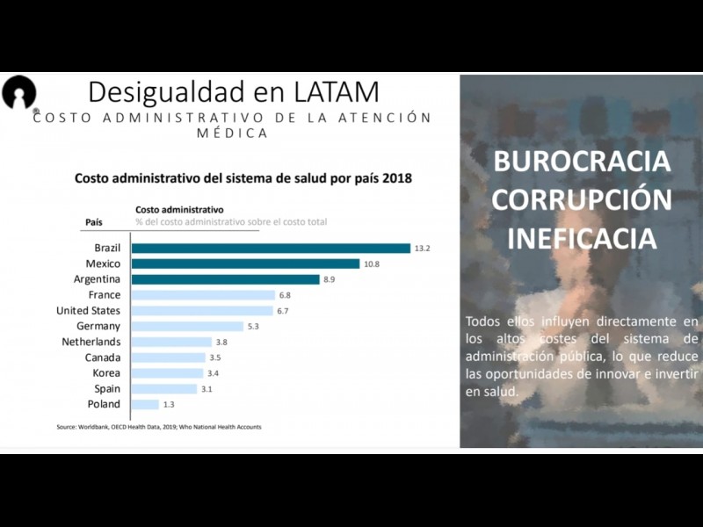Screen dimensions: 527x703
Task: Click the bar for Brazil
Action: point(271,249)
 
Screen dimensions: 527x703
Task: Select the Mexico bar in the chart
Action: point(245,263)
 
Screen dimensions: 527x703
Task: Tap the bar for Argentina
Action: point(225,279)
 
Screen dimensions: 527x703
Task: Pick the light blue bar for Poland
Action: point(145,404)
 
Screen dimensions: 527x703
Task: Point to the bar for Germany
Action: point(187,326)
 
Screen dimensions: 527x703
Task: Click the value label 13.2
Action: point(423,249)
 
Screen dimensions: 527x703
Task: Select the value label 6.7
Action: point(283,311)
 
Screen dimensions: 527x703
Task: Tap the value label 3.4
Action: point(213,373)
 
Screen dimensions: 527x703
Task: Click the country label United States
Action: point(88,311)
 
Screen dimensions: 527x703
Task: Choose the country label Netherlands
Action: point(91,342)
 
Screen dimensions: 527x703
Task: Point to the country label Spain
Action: point(107,388)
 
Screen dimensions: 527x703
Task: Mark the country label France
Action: point(105,295)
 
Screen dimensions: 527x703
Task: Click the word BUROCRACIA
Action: point(581,162)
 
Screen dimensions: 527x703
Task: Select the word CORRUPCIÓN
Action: point(581,200)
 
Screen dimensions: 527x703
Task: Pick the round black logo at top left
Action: point(18,92)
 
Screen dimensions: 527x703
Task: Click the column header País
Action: point(94,222)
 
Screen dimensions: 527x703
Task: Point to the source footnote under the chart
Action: point(159,428)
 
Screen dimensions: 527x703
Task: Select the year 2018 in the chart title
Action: point(393,178)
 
